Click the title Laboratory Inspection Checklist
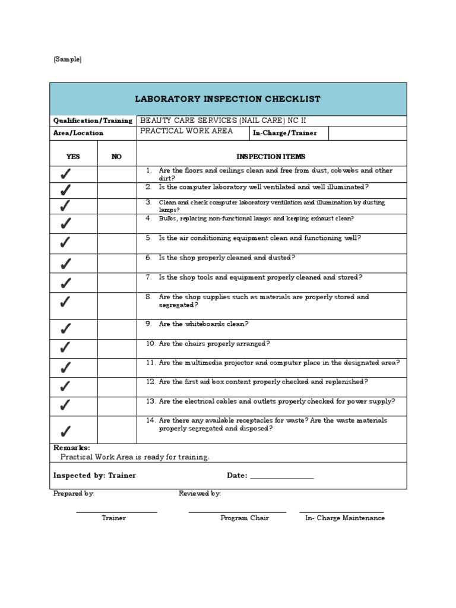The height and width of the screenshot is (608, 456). tap(228, 99)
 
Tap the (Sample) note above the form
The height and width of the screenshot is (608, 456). tap(67, 59)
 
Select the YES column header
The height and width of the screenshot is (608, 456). tap(73, 157)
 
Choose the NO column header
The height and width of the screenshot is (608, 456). tap(116, 157)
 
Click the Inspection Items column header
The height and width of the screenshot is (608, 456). tap(271, 157)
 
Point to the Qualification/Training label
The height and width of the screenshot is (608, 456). tap(93, 121)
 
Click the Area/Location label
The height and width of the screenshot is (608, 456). tap(78, 133)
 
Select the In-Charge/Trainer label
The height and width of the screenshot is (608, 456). tap(284, 133)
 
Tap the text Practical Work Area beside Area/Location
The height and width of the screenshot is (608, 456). tap(186, 131)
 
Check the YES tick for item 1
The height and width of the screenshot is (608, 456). tap(65, 174)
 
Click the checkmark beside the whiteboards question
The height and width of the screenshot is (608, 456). tap(65, 328)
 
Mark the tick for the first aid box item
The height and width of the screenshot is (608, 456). tap(65, 387)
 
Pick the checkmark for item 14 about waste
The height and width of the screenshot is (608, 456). tap(65, 430)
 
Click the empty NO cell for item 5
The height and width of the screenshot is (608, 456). tap(116, 243)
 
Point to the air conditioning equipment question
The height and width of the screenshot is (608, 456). tap(259, 238)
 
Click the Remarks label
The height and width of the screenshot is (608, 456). tap(72, 448)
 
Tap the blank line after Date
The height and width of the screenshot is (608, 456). tap(281, 476)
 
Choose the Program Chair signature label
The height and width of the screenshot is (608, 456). tap(245, 518)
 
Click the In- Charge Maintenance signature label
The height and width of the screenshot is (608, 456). tap(345, 518)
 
